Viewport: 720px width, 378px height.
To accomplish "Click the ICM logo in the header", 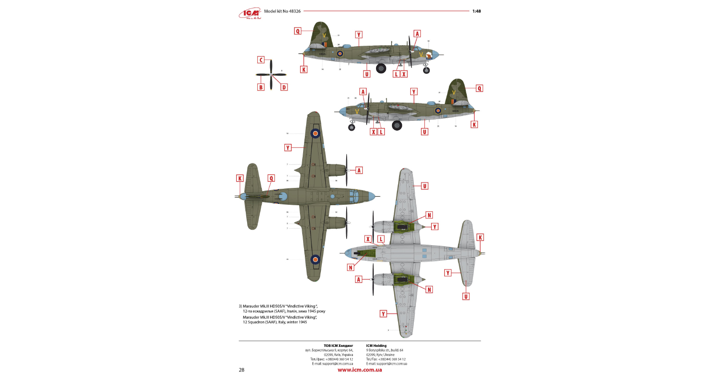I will coord(250,14).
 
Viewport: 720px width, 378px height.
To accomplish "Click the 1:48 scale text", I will coord(476,11).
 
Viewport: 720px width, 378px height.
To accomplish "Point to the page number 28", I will coord(241,370).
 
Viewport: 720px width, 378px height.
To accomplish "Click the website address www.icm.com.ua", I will coord(360,370).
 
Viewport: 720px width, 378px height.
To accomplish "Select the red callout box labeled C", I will coord(261,60).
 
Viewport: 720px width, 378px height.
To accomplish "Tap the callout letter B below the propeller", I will coord(261,87).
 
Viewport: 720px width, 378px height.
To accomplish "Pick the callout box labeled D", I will coord(284,87).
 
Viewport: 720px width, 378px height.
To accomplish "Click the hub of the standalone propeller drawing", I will coord(271,74).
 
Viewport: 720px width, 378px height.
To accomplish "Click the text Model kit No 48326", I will coord(282,11).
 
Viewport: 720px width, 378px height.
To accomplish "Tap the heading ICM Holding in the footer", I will coord(376,346).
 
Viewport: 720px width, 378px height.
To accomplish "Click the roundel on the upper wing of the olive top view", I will coord(315,133).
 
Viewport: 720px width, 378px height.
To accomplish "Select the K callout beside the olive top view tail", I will coord(240,179).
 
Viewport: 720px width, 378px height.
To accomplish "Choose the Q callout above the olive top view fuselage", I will coord(271,179).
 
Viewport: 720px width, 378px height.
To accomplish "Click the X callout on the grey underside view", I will coord(368,239).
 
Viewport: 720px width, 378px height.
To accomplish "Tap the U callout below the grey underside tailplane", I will coord(466,296).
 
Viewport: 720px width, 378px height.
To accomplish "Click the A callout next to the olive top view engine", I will coord(359,170).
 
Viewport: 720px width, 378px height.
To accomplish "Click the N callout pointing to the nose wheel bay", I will coord(351,267).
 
